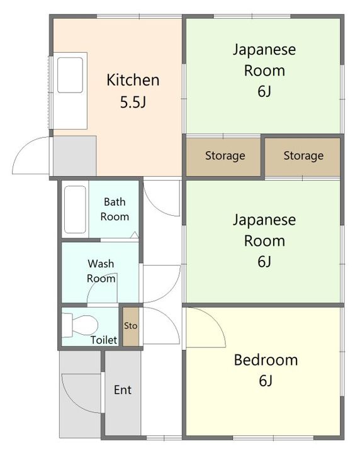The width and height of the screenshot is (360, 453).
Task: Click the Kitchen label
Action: pyautogui.click(x=133, y=80)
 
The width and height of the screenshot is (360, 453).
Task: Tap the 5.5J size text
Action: pyautogui.click(x=133, y=102)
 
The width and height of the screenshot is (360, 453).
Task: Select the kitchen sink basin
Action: pyautogui.click(x=70, y=75)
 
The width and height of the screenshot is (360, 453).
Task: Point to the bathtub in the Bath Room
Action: pyautogui.click(x=75, y=210)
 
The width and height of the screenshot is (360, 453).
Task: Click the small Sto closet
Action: pyautogui.click(x=131, y=326)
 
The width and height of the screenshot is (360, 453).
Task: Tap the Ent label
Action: pyautogui.click(x=123, y=389)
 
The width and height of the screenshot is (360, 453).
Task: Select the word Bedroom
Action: pyautogui.click(x=266, y=360)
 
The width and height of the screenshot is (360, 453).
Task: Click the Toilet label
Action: pyautogui.click(x=104, y=340)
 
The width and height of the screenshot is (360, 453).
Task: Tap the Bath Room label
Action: pyautogui.click(x=115, y=209)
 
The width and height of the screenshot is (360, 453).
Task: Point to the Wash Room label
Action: pyautogui.click(x=101, y=271)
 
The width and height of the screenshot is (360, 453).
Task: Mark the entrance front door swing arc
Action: pyautogui.click(x=72, y=402)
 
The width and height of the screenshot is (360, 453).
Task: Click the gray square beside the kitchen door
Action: pyautogui.click(x=74, y=156)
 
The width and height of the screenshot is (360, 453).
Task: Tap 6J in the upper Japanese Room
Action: pyautogui.click(x=264, y=91)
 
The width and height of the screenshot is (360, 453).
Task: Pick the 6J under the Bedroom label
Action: pyautogui.click(x=266, y=381)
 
